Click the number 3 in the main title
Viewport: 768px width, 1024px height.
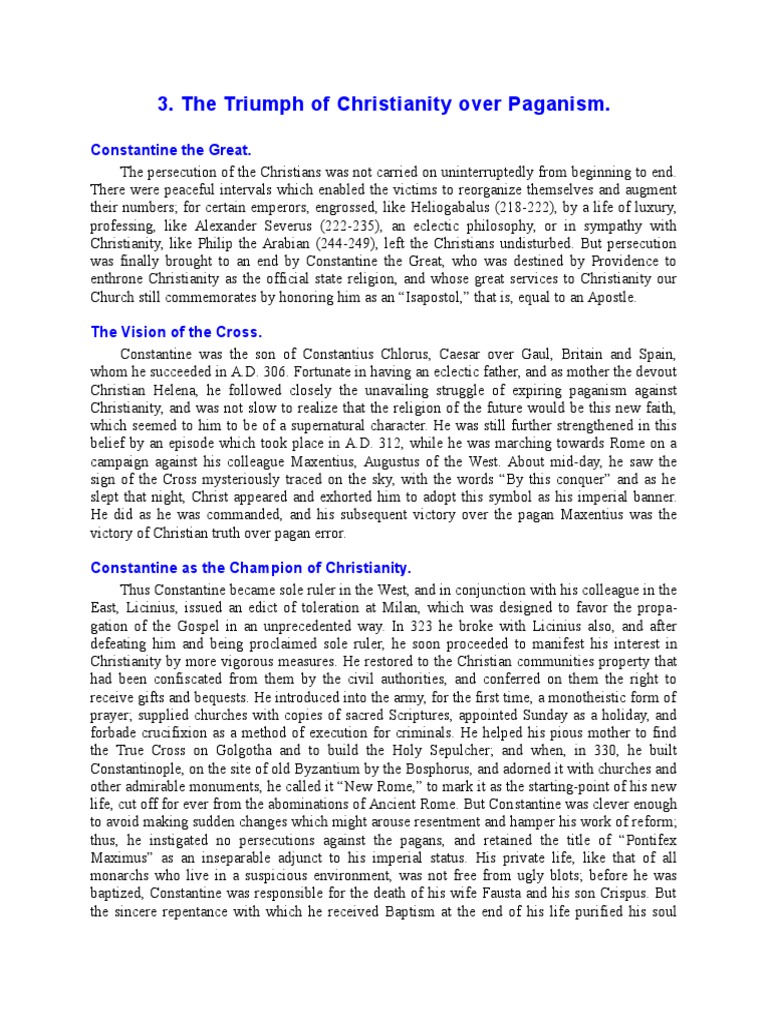pos(165,104)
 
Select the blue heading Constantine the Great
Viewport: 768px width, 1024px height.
pos(170,150)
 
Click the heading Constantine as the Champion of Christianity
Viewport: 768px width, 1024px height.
pos(251,567)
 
